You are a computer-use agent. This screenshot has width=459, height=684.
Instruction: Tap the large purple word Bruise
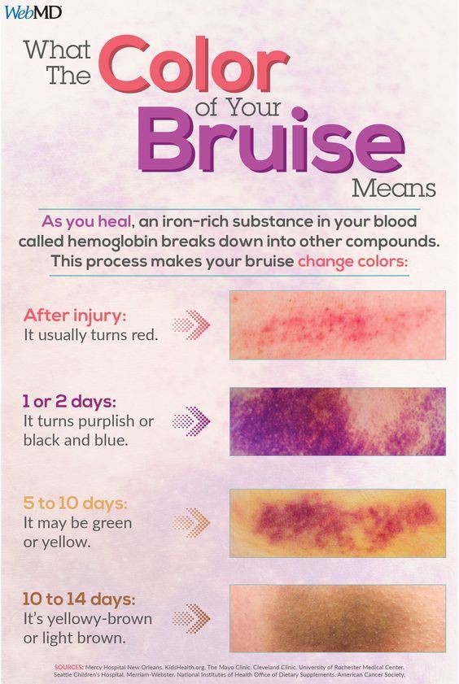[x=271, y=140]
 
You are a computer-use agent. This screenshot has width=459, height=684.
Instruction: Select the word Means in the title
[x=394, y=189]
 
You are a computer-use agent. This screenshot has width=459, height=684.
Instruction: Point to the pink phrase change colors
[x=352, y=262]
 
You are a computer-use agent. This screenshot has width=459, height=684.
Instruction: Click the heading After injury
[x=75, y=316]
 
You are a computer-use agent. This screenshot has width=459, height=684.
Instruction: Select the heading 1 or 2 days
[x=70, y=401]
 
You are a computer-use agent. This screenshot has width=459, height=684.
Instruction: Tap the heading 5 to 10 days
[x=75, y=503]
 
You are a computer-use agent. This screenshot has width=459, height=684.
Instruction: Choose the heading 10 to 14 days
[x=79, y=599]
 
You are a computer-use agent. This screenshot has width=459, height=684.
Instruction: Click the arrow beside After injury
[x=191, y=325]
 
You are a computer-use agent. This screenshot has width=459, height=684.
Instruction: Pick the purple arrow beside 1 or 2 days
[x=191, y=421]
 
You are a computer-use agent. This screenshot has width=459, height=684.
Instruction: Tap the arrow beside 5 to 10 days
[x=191, y=523]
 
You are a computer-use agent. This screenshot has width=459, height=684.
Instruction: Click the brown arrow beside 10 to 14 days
[x=191, y=618]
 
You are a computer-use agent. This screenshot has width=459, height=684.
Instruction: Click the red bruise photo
[x=338, y=325]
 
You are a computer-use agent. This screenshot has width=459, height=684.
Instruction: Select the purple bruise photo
[x=338, y=421]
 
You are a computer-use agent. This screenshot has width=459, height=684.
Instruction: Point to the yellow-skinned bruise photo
[x=338, y=523]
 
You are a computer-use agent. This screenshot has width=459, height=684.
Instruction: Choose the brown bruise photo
[x=338, y=619]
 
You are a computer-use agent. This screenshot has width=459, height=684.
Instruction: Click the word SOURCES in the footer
[x=68, y=667]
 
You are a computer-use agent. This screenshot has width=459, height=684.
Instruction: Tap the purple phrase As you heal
[x=86, y=221]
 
